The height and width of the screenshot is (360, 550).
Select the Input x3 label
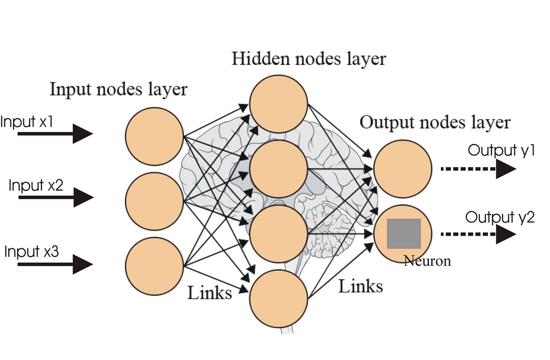32,251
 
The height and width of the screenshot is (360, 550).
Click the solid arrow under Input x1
55,134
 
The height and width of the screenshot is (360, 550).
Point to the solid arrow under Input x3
55,264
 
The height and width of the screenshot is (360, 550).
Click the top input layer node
154,136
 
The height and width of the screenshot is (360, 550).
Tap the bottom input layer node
154,266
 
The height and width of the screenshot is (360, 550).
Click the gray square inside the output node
404,234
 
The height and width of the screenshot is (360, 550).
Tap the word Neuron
427,261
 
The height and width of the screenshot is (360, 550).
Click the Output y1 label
500,151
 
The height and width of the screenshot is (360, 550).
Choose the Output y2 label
500,217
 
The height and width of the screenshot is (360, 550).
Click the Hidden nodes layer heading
309,59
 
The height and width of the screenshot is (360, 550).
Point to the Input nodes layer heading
119,89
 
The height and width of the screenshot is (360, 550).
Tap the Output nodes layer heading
434,122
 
